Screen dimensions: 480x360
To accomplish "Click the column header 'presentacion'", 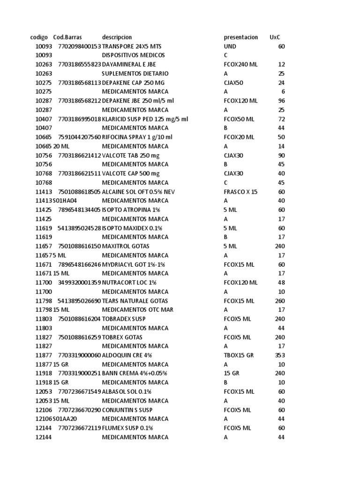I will (x=240, y=37).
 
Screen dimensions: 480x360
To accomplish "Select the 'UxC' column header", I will (x=276, y=37).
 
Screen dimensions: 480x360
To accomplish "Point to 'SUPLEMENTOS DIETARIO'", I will (x=135, y=74).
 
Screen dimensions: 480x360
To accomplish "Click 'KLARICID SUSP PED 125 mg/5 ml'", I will (x=145, y=119).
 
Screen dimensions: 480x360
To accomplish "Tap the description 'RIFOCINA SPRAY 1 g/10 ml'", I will (x=137, y=137).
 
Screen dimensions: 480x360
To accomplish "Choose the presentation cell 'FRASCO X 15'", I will (x=240, y=192).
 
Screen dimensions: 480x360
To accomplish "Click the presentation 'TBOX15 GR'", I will (x=239, y=355).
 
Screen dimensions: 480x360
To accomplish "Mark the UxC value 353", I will (x=279, y=355).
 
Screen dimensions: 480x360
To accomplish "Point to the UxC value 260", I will (x=279, y=301).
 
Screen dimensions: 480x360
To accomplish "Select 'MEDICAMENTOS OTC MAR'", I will (x=137, y=310).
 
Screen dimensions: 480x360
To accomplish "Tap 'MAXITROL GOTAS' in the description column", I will (x=126, y=246).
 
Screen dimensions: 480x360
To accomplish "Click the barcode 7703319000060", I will (x=79, y=355).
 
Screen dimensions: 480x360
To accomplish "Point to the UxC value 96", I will (x=281, y=101).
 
